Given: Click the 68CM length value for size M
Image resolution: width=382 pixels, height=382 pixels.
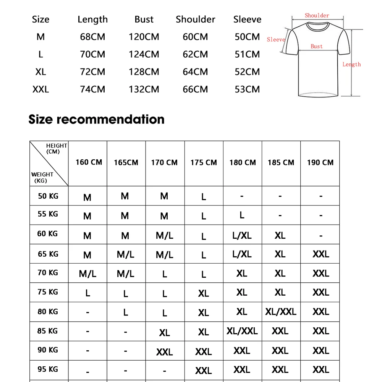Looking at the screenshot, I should tap(92, 37).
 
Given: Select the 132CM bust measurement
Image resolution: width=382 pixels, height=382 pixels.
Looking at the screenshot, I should tap(144, 89).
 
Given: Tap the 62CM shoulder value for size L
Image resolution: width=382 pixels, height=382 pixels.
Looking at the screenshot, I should tap(195, 54).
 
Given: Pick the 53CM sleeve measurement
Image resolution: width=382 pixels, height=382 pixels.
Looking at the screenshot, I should tap(247, 89).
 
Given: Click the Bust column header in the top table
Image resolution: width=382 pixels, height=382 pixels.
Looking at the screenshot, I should tap(144, 19).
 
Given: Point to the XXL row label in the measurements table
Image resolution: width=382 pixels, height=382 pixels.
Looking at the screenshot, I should tap(40, 89).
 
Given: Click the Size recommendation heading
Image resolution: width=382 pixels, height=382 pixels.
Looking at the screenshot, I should tap(96, 119).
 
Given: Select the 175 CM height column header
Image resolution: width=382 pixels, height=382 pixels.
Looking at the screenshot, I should tap(204, 163).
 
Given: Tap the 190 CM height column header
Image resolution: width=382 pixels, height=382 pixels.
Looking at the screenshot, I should tap(320, 163).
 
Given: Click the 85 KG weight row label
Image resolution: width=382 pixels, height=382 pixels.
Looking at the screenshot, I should tap(48, 331).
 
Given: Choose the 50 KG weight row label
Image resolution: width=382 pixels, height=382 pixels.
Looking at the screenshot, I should tap(48, 196).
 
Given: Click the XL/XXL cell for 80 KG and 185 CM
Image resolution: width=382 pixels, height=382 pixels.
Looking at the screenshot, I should tap(281, 312).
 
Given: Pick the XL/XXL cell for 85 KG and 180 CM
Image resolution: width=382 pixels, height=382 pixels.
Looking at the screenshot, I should tap(242, 331).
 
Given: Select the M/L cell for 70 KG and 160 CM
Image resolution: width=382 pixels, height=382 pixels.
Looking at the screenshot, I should tap(87, 274).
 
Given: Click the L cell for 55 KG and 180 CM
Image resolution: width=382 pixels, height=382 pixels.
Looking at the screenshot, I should tap(242, 215).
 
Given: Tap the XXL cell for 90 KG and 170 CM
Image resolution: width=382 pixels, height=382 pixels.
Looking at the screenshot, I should tap(165, 351).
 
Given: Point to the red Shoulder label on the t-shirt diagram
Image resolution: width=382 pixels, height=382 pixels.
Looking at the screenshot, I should tap(317, 16).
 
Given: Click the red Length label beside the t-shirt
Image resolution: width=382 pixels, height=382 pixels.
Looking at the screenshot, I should tap(351, 65).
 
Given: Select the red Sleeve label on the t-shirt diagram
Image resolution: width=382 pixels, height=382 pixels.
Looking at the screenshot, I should tap(276, 40).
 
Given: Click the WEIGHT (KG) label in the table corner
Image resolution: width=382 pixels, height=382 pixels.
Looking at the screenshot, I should tap(42, 177).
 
